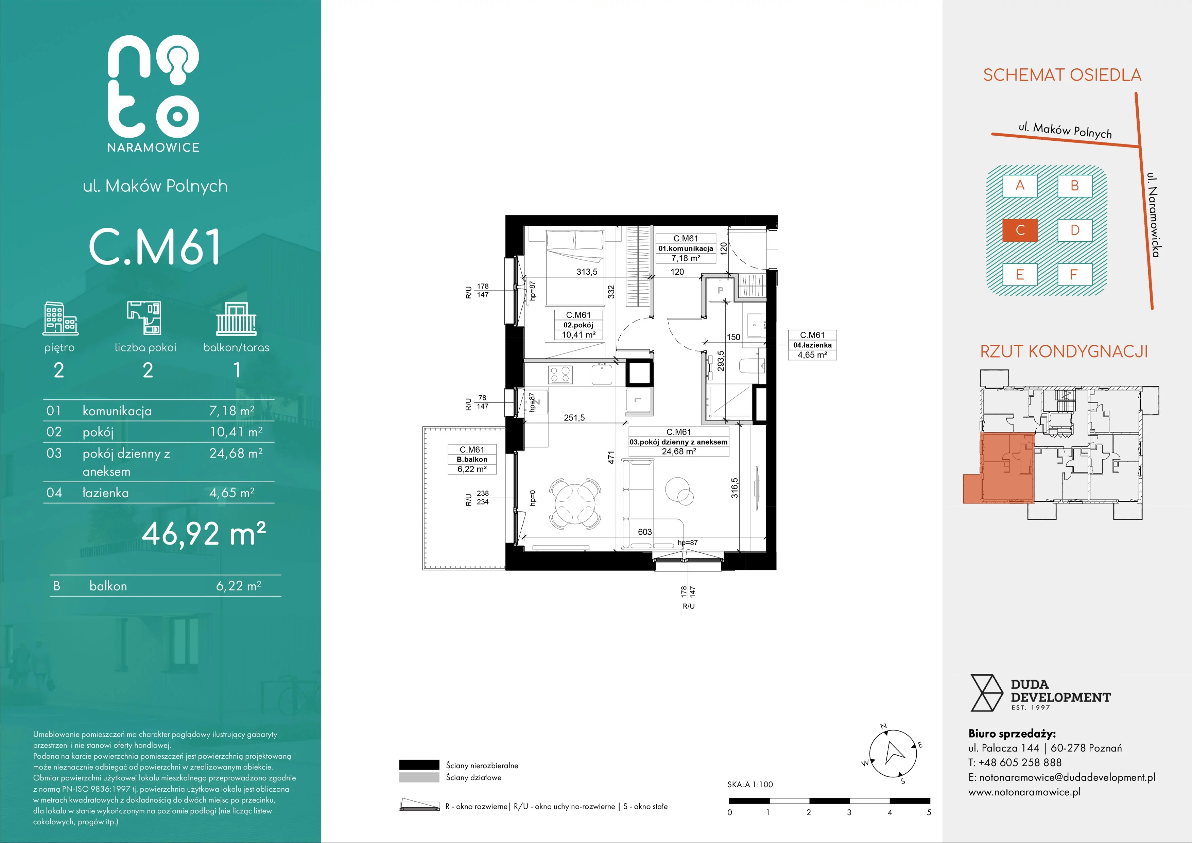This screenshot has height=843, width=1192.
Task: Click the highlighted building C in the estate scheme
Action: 1020,230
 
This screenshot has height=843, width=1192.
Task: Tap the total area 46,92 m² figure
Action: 204,533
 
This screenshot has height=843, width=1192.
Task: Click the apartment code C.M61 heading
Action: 155,247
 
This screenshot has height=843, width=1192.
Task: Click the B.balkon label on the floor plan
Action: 472,459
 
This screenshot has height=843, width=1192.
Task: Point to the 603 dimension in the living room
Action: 645,532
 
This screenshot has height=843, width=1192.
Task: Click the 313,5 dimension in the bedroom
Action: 587,272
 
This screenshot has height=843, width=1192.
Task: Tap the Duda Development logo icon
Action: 986,693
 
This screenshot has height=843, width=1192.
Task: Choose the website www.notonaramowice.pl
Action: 1024,792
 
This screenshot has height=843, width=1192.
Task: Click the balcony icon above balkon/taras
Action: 236,319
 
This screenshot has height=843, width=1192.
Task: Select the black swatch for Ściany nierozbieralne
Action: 419,764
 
